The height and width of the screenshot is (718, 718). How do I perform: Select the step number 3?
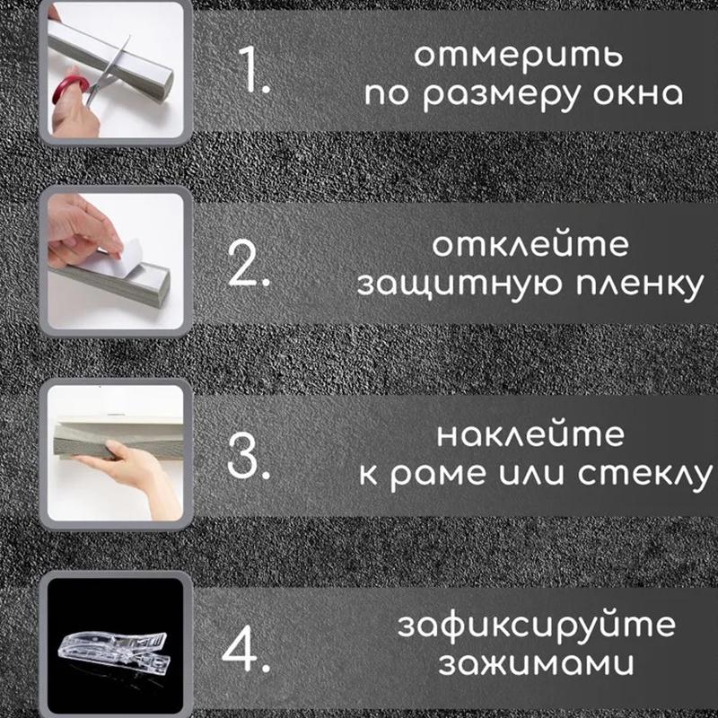pyautogui.click(x=248, y=458)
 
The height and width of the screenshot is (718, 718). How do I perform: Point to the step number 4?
pyautogui.click(x=246, y=648)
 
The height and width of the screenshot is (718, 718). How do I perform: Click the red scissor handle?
pyautogui.click(x=67, y=90)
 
